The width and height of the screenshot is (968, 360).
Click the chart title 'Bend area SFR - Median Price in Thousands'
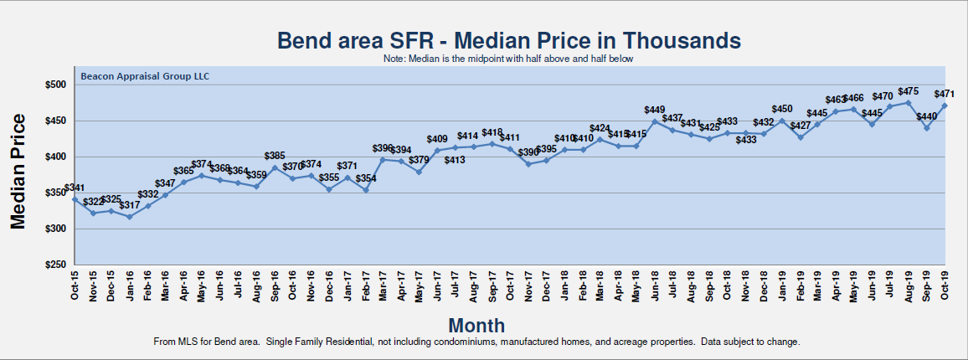pos(508,40)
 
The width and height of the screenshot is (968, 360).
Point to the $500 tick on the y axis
pos(54,85)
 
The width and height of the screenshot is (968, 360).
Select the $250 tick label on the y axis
pos(54,265)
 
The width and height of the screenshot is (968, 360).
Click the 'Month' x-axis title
pos(476,325)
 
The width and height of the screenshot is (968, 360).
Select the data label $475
pos(909,91)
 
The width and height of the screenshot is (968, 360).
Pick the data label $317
pos(130,205)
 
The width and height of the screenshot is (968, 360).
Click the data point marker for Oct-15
pos(75,199)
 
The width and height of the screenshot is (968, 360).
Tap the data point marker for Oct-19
pos(945,105)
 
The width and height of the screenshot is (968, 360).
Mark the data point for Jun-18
pos(655,121)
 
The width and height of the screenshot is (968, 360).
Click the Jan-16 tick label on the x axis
pos(130,285)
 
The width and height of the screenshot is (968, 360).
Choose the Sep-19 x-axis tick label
pos(927,285)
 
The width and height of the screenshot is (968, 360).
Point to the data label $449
pos(655,110)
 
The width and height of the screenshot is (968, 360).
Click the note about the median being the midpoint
pos(508,59)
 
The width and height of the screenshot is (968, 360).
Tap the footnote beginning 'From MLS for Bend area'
pos(477,342)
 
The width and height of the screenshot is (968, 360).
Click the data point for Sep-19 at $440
pos(927,127)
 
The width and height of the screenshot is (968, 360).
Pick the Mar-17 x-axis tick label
pos(384,285)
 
